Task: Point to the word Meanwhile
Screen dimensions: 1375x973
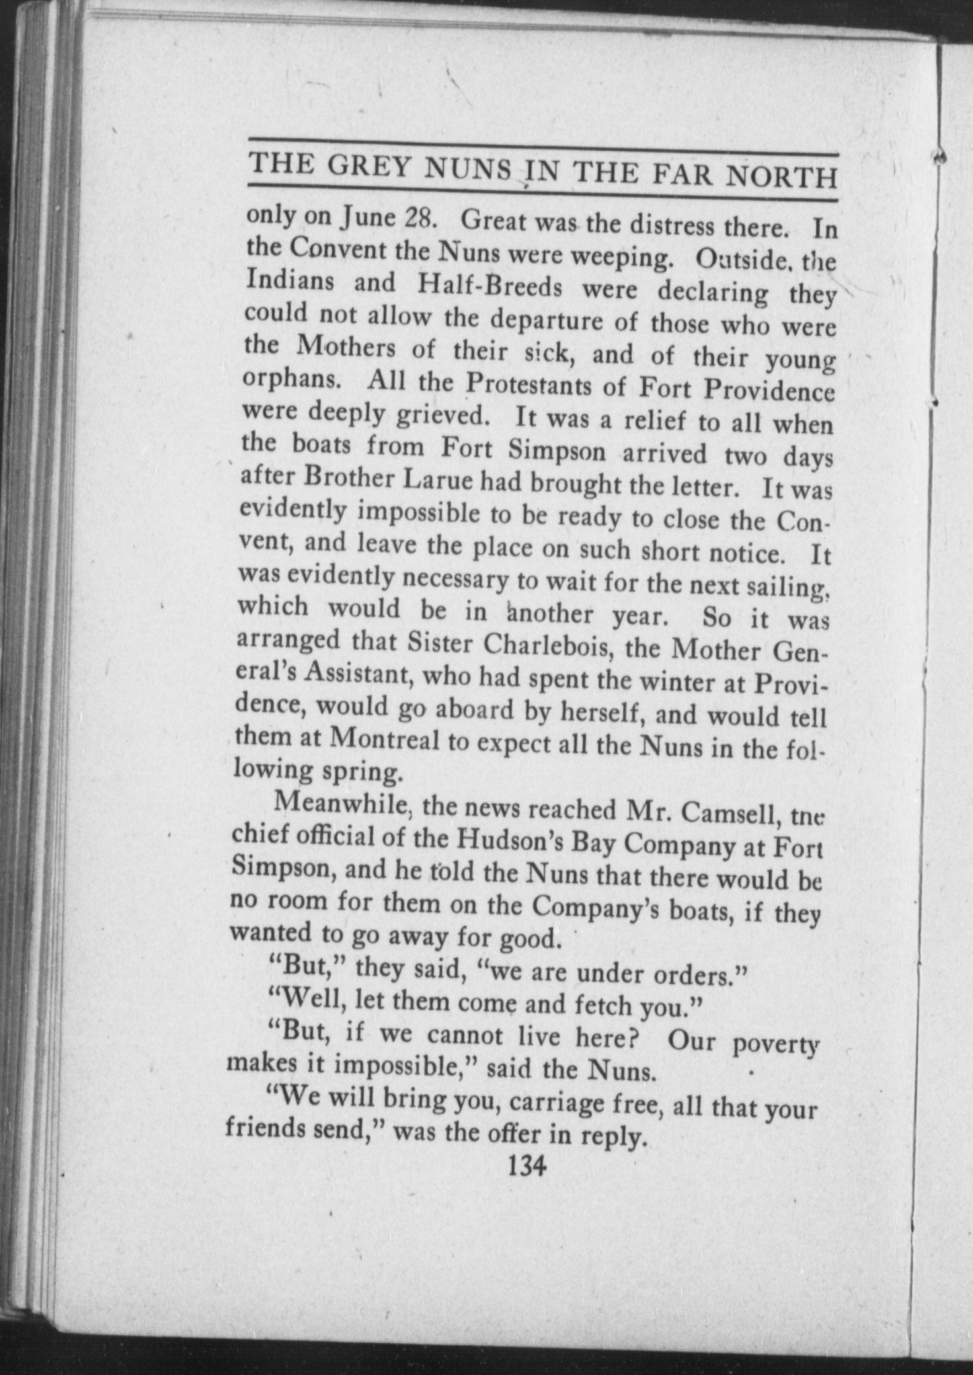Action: coord(343,803)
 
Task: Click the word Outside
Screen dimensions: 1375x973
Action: coord(741,258)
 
